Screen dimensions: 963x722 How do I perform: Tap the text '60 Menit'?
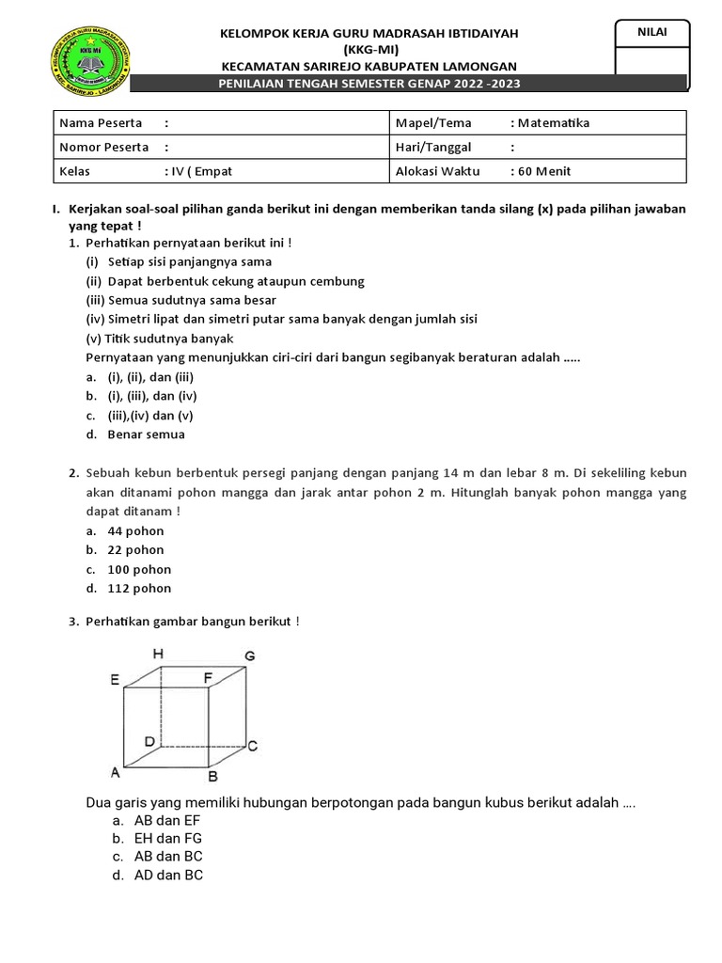543,171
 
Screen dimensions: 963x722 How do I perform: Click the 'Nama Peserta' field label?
101,123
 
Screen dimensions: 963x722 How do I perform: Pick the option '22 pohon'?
135,550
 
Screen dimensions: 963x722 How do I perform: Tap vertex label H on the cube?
158,654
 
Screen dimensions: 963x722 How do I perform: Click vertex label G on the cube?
249,655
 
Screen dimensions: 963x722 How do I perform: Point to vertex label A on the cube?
115,773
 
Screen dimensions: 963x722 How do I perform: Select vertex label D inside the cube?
149,742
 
